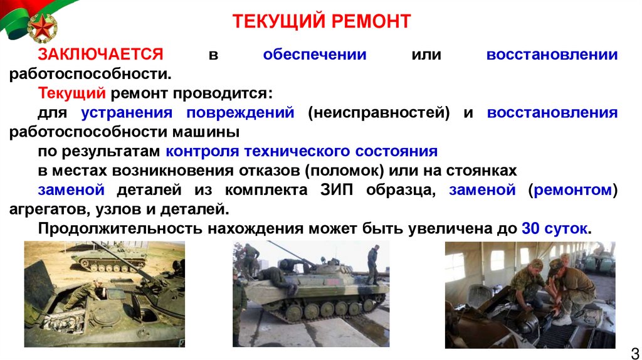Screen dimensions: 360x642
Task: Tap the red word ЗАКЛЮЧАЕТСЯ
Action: (100, 55)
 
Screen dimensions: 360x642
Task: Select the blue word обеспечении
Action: (315, 55)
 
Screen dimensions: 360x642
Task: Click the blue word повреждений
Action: (239, 113)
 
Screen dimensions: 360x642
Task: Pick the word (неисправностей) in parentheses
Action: (379, 113)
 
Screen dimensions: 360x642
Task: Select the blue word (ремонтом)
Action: (572, 191)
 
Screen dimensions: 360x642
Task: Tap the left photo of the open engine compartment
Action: (104, 294)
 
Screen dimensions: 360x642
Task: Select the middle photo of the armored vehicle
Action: (310, 294)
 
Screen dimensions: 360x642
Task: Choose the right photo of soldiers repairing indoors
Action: (530, 294)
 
